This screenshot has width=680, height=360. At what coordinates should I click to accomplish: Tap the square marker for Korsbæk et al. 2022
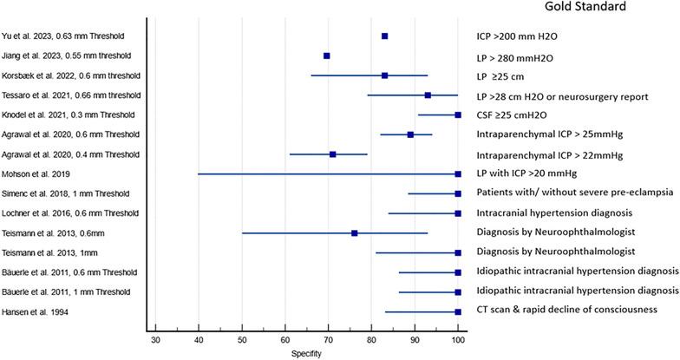(x=384, y=75)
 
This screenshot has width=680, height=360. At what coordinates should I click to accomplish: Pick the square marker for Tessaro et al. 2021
(x=428, y=95)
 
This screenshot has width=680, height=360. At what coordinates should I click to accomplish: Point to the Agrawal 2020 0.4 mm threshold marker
(x=333, y=154)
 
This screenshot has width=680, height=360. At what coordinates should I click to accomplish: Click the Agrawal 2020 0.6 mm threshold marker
(x=410, y=134)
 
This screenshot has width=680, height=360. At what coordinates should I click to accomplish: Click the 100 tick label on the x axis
(x=458, y=337)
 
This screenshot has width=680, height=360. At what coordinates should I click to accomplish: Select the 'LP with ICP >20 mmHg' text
(x=528, y=173)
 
